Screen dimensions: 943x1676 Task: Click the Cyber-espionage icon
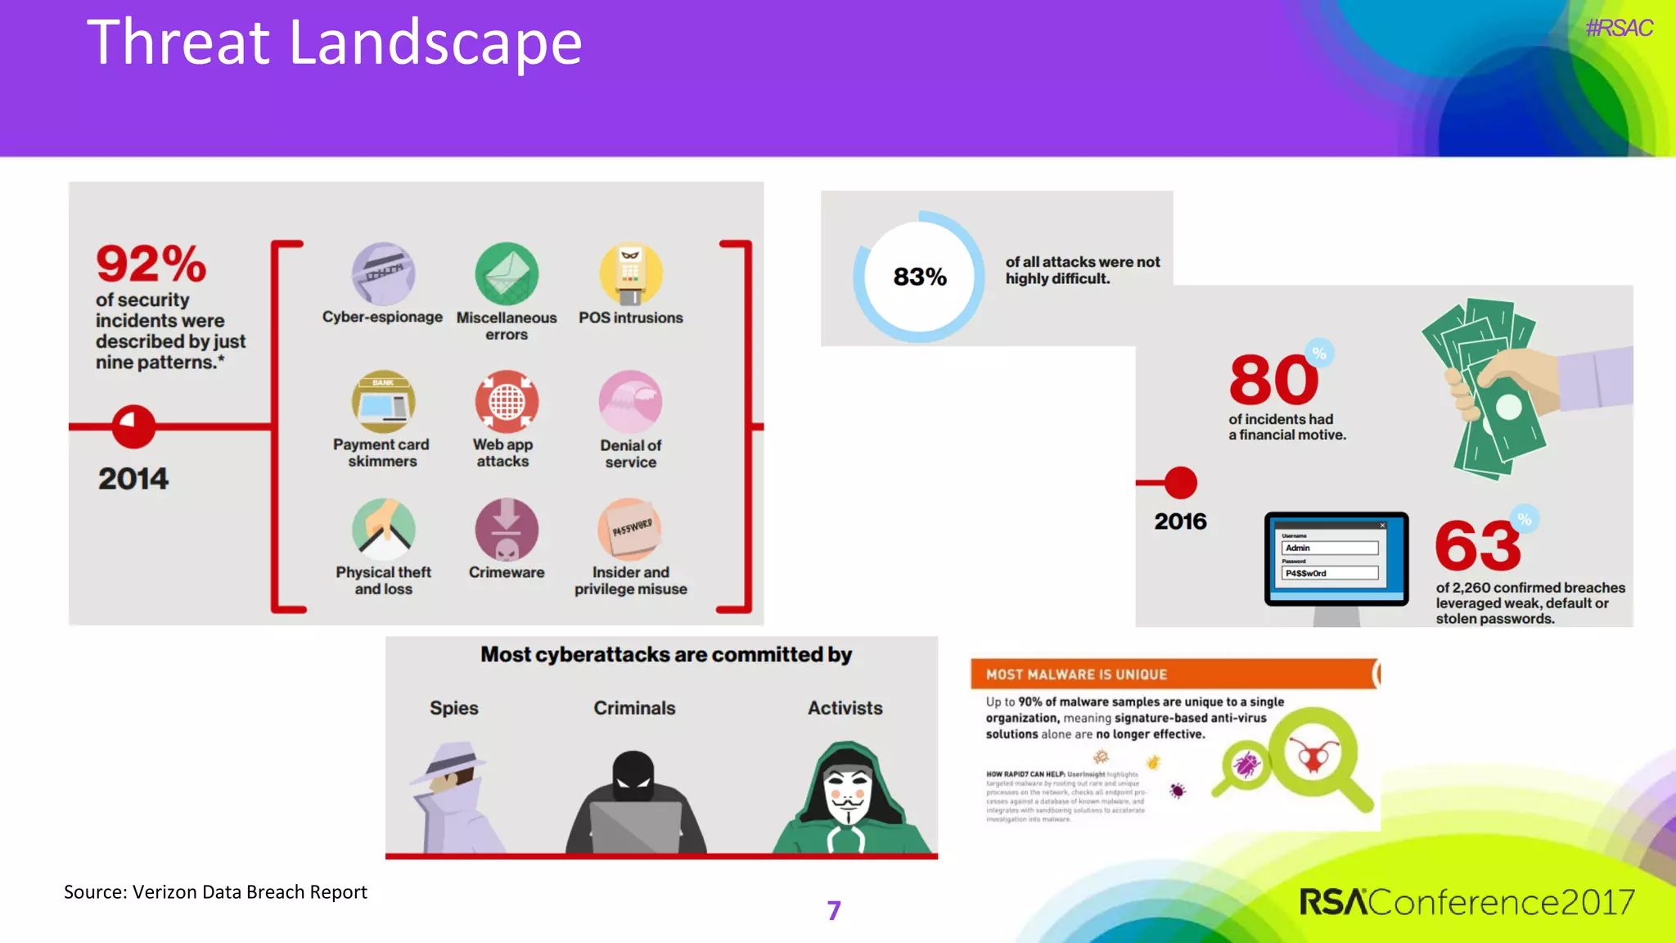[x=383, y=273]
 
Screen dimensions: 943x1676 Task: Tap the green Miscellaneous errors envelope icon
[x=507, y=273]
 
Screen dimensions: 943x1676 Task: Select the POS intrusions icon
[x=630, y=273]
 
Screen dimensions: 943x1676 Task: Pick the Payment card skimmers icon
[x=383, y=401]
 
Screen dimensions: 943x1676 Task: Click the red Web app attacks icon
[x=507, y=401]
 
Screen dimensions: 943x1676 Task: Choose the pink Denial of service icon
[x=630, y=401]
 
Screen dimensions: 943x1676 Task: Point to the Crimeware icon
[x=507, y=530]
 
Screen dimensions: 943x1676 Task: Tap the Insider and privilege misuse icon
[x=630, y=530]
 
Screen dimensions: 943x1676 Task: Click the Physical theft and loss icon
[x=383, y=530]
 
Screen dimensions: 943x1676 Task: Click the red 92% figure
[x=151, y=264]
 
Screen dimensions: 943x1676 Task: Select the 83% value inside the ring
[x=920, y=277]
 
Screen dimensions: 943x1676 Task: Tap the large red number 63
[x=1478, y=546]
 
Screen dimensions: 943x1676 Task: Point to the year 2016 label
[x=1180, y=521]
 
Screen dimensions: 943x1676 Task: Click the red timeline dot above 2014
[x=133, y=426]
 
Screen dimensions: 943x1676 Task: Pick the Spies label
[x=454, y=708]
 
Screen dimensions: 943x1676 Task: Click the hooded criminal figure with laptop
[x=634, y=806]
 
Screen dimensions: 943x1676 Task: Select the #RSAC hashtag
[x=1619, y=29]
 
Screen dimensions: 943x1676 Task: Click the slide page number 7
[x=834, y=910]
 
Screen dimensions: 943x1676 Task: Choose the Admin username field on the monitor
[x=1329, y=548]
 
